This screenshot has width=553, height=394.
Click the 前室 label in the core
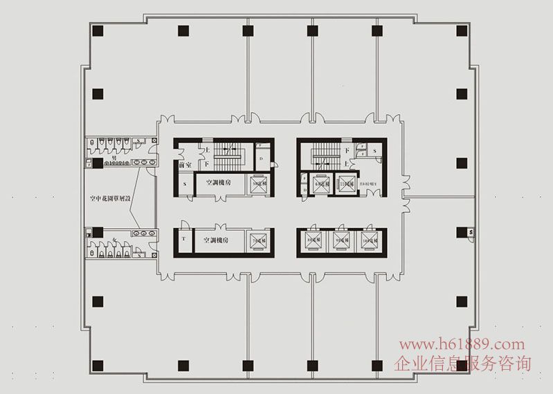pos(185,165)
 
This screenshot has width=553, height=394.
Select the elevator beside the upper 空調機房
pos(257,183)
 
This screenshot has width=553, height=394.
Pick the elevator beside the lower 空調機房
pos(257,241)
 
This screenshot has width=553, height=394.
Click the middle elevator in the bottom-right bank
pos(340,241)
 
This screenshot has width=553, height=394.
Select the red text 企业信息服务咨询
pos(463,362)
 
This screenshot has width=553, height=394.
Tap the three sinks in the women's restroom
pos(144,234)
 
